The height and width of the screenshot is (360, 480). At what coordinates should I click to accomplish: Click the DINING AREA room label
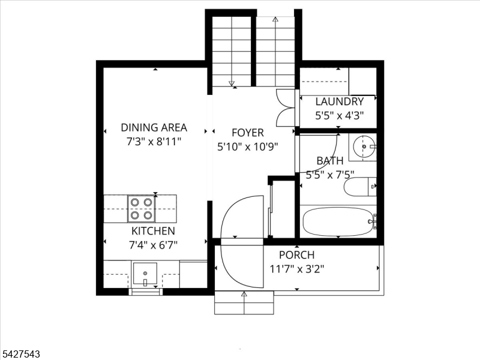click(154, 127)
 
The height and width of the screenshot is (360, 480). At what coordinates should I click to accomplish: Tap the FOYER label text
click(248, 133)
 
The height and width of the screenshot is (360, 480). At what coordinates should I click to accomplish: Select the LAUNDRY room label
click(340, 101)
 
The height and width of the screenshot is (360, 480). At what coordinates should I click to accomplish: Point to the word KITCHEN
click(154, 231)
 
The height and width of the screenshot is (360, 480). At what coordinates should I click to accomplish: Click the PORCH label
click(296, 254)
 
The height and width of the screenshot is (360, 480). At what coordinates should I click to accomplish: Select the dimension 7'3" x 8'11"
click(154, 142)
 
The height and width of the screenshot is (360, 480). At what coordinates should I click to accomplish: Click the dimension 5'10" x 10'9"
click(248, 147)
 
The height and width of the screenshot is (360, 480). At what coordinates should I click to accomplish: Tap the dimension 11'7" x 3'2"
click(296, 269)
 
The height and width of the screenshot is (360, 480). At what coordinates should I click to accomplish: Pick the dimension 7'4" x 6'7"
click(154, 245)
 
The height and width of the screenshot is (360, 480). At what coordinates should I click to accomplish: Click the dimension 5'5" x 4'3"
click(340, 116)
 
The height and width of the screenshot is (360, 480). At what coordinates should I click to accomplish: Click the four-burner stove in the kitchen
click(142, 209)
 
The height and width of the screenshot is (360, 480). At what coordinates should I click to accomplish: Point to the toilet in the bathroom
click(359, 187)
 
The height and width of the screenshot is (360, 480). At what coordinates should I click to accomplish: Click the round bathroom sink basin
click(364, 146)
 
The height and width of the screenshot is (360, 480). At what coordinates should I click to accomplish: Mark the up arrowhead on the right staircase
click(275, 20)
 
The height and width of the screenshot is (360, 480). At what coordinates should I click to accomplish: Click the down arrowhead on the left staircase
click(232, 83)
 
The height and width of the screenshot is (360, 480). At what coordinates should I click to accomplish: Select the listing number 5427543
click(20, 354)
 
